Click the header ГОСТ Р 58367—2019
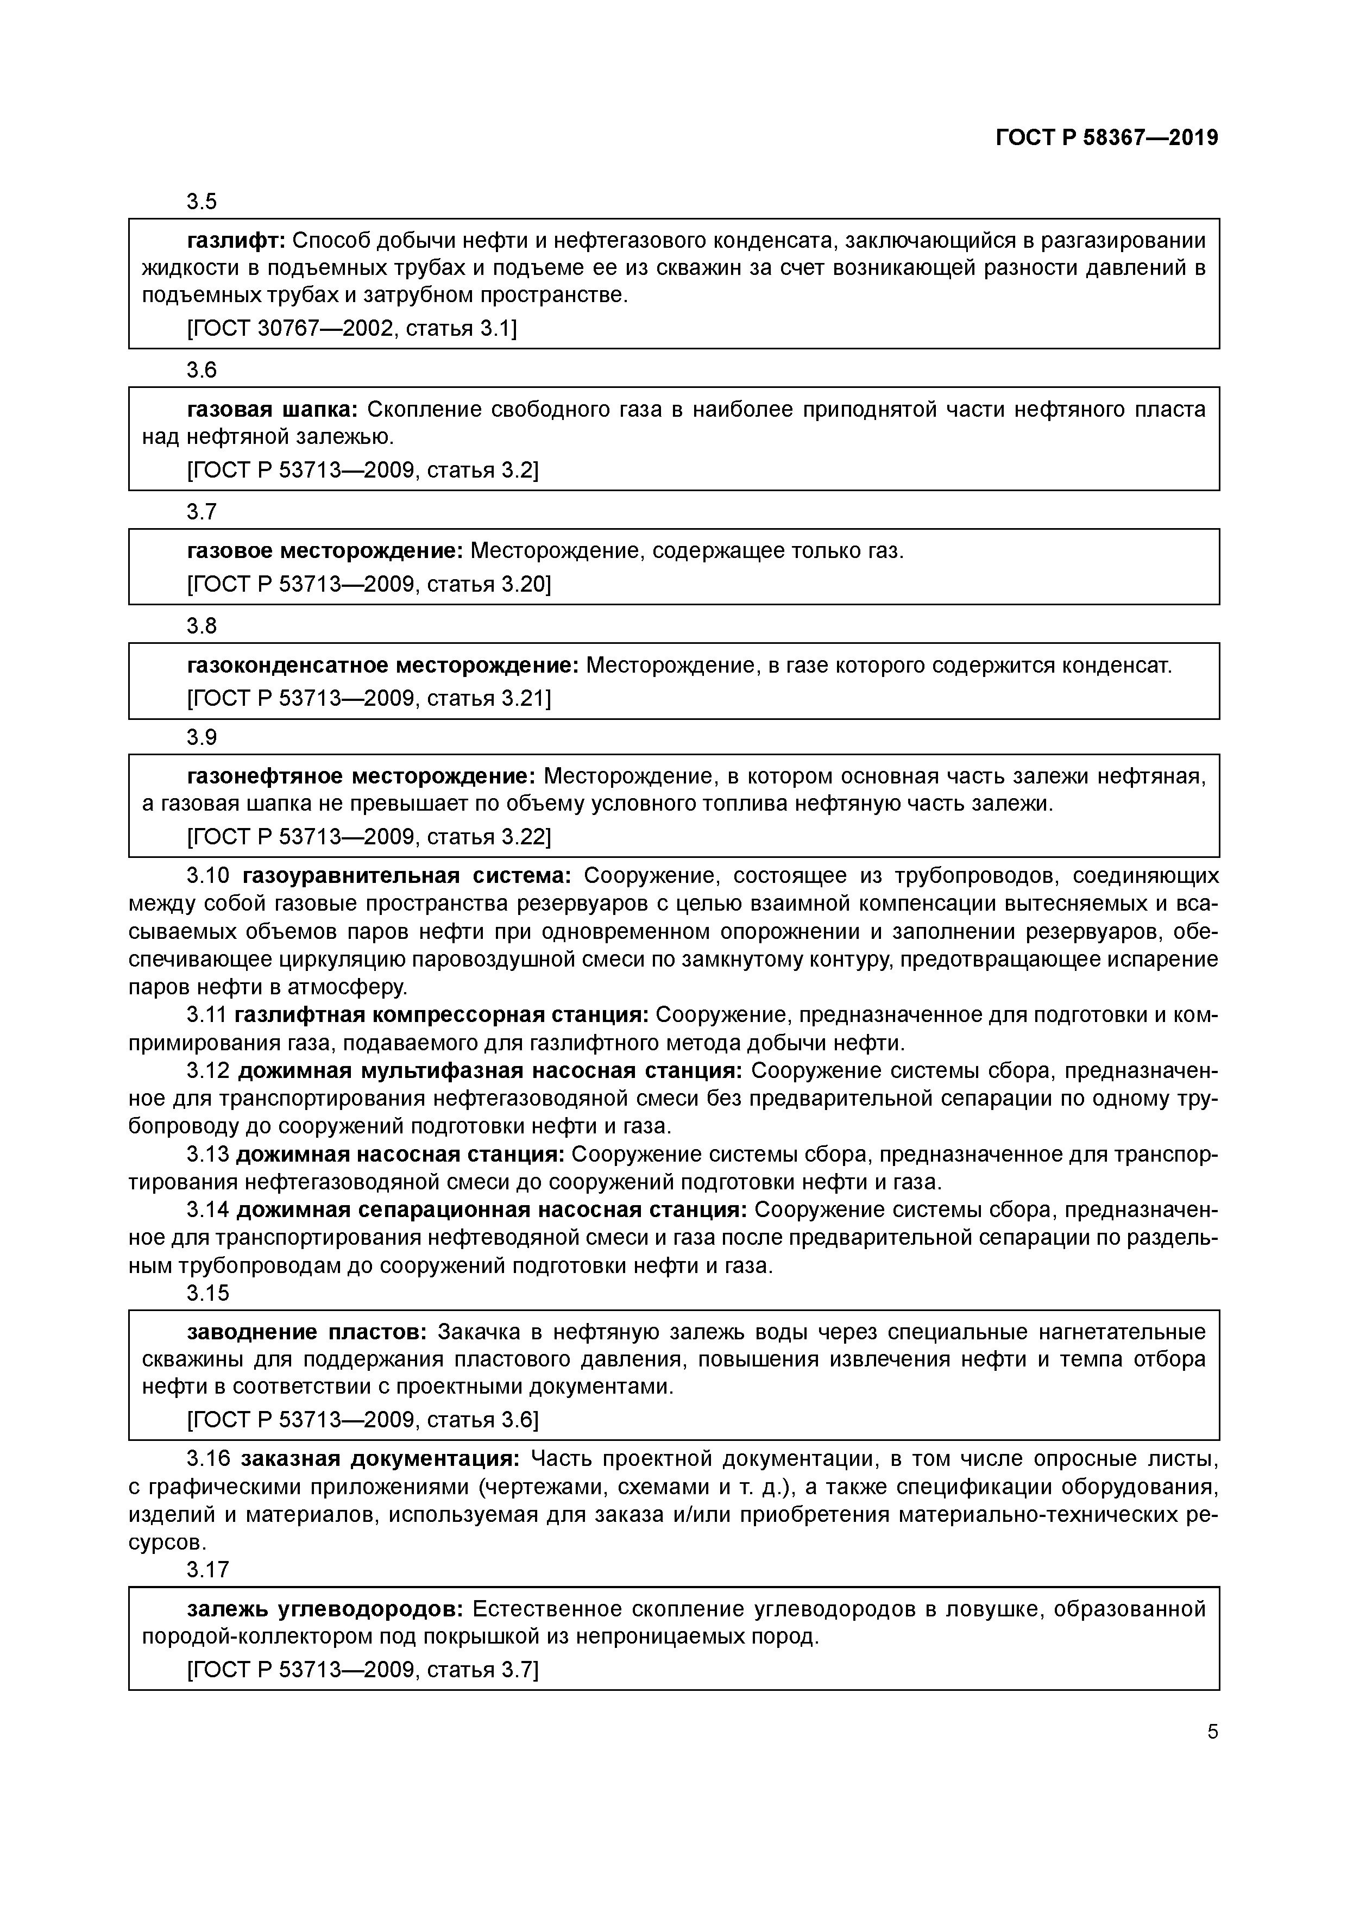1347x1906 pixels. tap(1106, 138)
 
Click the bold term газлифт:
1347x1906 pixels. tap(236, 241)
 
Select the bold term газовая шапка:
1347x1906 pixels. tap(272, 409)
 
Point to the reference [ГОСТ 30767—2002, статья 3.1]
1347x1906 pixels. tap(352, 329)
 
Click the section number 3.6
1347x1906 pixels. tap(201, 370)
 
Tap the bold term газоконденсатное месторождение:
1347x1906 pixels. tap(382, 665)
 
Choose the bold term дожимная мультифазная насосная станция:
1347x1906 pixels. tap(490, 1071)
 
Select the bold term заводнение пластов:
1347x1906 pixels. tap(307, 1332)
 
